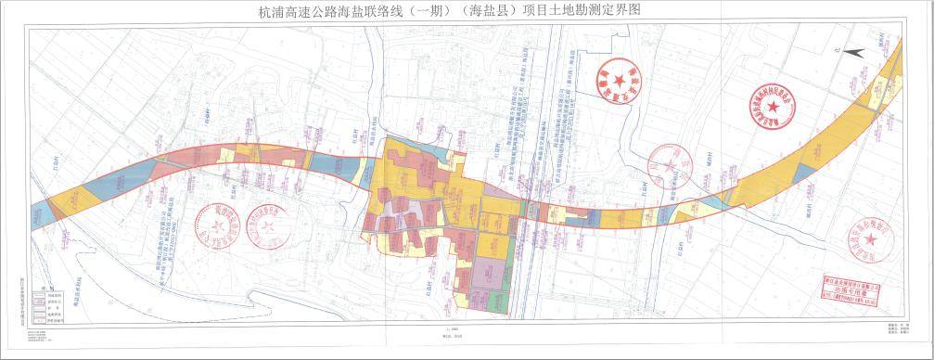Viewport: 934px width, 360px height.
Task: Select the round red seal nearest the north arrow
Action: tap(774, 107)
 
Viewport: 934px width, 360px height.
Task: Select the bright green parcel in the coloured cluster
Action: tap(501, 302)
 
